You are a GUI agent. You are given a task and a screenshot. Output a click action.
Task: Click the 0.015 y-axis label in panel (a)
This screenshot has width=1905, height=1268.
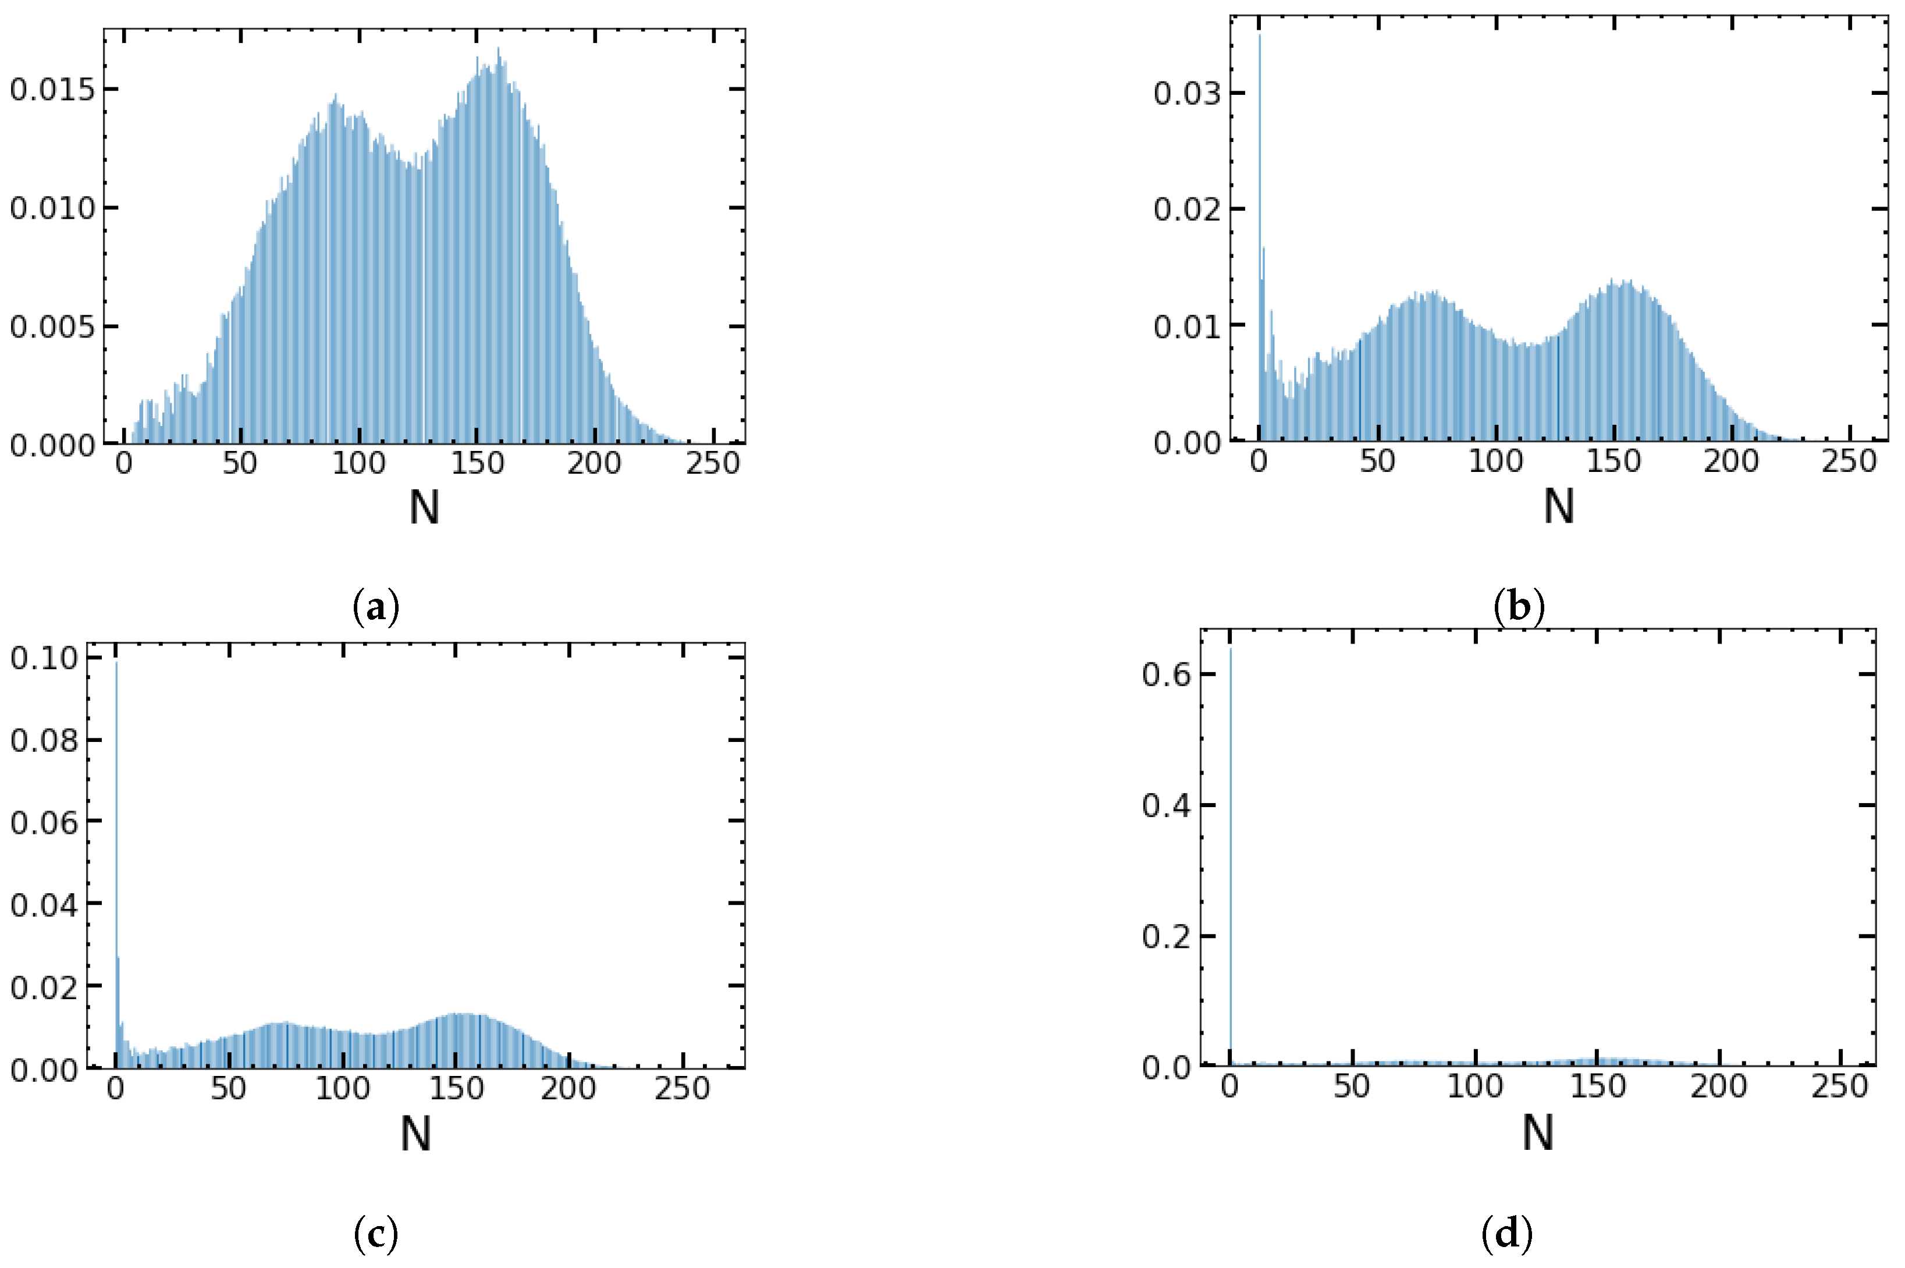52,90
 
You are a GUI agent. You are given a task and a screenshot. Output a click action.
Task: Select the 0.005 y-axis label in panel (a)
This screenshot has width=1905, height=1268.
52,328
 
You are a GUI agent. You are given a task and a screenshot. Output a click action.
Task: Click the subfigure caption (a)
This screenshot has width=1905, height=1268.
377,606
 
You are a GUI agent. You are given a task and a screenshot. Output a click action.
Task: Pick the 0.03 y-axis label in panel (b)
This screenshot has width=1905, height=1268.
1186,94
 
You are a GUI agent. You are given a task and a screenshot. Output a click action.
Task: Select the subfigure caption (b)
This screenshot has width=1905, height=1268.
1519,606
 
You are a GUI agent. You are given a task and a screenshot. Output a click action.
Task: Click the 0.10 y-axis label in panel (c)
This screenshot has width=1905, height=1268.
44,658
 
